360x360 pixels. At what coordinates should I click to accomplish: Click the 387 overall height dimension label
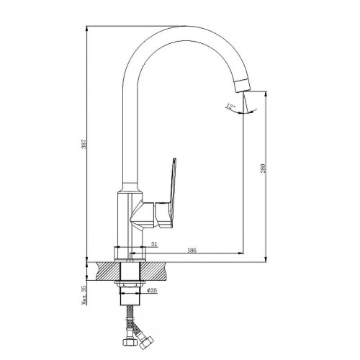[84, 143]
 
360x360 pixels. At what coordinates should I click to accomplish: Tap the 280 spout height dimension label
[263, 168]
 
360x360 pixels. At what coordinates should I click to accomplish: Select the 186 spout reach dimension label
[192, 251]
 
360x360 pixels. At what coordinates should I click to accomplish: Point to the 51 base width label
[154, 244]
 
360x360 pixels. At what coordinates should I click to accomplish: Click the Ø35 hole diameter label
[152, 290]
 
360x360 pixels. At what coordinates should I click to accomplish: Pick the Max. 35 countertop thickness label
[84, 294]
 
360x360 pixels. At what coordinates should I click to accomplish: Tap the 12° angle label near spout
[230, 107]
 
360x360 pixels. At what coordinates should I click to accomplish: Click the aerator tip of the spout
[243, 85]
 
